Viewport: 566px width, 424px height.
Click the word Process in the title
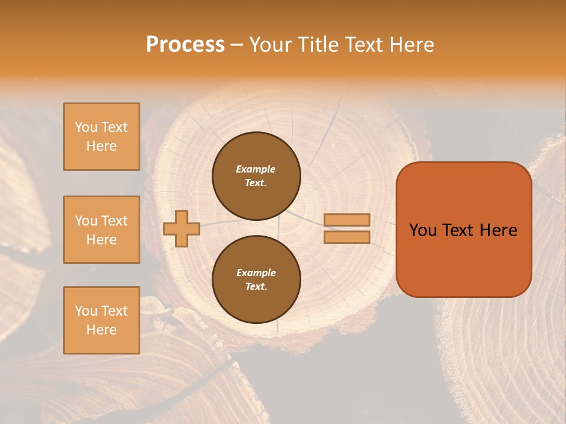[x=185, y=44]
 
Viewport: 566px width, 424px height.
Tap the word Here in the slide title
[x=412, y=44]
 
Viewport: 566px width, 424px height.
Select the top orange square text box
[x=101, y=137]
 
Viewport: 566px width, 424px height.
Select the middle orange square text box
[x=101, y=230]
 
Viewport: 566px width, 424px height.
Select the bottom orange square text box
[x=101, y=320]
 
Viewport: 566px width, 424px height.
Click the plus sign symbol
[x=181, y=228]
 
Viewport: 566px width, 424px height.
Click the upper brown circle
[x=256, y=176]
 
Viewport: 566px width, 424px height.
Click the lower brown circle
[x=256, y=280]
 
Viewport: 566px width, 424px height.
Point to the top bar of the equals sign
[x=347, y=220]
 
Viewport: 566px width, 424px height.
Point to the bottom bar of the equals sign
[x=347, y=237]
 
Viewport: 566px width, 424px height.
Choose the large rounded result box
[x=463, y=230]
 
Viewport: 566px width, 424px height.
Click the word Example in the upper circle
[x=256, y=169]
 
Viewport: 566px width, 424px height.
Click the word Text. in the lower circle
[x=256, y=287]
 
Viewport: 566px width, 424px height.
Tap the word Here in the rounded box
[x=498, y=230]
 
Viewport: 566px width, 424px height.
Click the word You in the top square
[x=86, y=127]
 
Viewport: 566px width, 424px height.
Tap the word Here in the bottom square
[x=101, y=330]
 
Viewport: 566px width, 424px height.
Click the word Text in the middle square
[x=114, y=221]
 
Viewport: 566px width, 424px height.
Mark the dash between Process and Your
[x=237, y=45]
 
